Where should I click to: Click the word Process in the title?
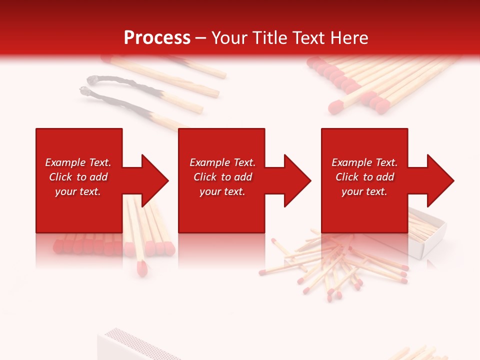(157, 38)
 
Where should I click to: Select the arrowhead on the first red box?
(150, 180)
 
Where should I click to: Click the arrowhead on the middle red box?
(293, 180)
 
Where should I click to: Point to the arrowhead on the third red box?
(436, 180)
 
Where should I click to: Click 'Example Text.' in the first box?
(78, 162)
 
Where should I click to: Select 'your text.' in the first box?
(78, 191)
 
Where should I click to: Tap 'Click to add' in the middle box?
(222, 177)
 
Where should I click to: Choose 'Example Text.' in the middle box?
(222, 162)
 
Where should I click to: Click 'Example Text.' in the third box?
(364, 162)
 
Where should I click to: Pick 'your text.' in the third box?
(364, 191)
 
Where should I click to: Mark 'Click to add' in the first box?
(78, 177)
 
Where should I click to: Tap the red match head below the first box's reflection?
(142, 268)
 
